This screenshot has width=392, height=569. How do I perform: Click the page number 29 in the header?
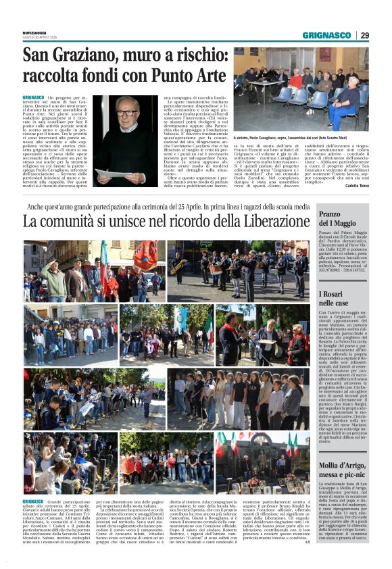point(365,35)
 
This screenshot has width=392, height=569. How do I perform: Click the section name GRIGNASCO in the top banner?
point(326,35)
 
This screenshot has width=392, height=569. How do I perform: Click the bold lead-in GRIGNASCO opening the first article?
point(36,99)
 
